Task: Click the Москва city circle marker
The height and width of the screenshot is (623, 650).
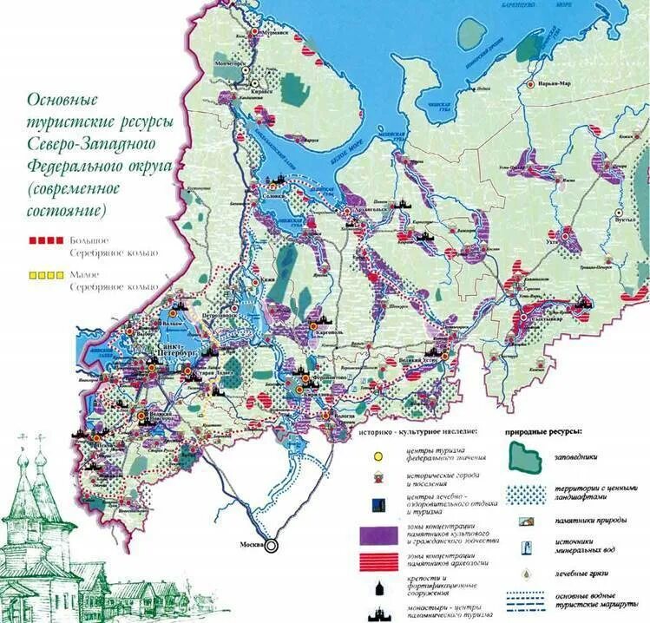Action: [x=272, y=545]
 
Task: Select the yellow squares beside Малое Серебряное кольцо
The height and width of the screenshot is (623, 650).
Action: [x=43, y=274]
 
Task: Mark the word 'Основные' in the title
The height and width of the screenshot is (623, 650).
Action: [x=63, y=101]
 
